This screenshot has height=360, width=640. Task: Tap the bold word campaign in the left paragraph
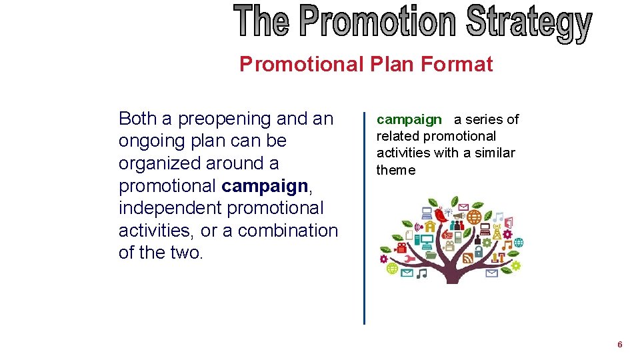click(265, 185)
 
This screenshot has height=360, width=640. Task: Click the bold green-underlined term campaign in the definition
click(409, 119)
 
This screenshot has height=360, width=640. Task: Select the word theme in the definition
click(395, 170)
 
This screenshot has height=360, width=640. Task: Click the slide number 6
click(620, 345)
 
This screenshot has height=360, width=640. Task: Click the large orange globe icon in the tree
click(474, 217)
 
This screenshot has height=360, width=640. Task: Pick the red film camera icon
click(401, 247)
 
